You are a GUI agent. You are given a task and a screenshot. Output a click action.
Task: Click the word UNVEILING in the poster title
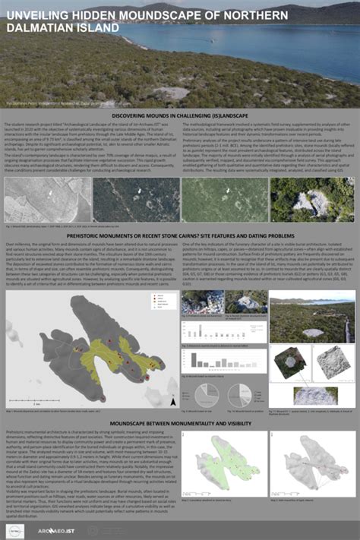(39, 15)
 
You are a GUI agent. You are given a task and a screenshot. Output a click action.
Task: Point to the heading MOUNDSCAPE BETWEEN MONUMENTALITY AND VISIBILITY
(179, 422)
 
